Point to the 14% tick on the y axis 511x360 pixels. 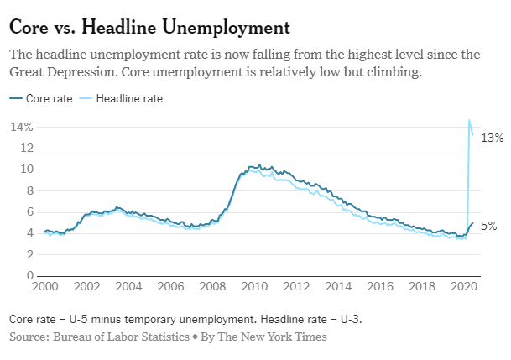[22, 127]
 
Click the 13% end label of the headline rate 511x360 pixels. [491, 137]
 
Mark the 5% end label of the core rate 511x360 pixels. [488, 226]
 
